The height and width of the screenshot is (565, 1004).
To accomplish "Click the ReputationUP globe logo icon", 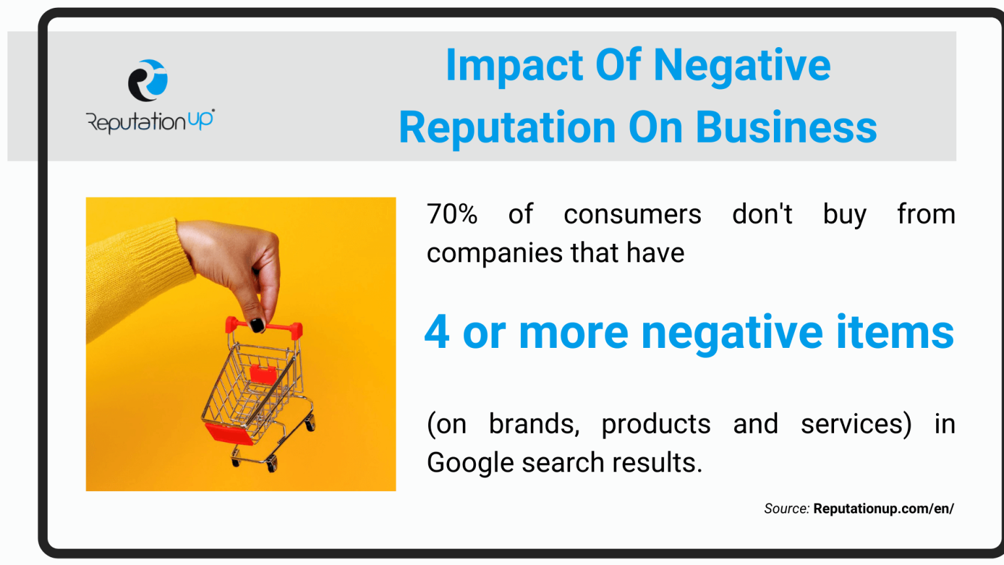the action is [x=148, y=80].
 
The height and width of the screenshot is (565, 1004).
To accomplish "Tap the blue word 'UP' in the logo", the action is [x=200, y=120].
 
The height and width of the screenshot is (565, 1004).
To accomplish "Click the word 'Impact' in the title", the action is [x=514, y=66].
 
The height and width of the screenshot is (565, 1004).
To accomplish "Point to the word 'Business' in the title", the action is [x=786, y=128].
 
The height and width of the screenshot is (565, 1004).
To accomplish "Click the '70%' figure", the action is [x=452, y=214].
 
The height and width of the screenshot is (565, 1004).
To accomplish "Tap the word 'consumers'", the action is [x=633, y=214].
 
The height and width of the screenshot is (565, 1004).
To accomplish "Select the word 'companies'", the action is [x=494, y=253].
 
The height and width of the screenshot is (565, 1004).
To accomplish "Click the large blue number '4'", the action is [x=437, y=332].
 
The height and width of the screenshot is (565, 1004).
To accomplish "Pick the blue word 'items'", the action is [x=895, y=332].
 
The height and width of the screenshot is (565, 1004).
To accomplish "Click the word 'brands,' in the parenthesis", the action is [x=534, y=424].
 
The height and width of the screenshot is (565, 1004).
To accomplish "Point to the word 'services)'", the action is [x=856, y=424].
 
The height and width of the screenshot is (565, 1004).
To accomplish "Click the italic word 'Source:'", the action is [x=786, y=509].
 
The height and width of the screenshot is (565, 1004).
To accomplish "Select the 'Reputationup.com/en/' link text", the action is [x=884, y=509].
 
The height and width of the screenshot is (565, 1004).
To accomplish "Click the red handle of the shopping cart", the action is [x=264, y=328].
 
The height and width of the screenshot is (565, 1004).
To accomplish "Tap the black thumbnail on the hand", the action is [x=257, y=325].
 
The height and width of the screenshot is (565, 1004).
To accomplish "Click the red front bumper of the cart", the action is [x=229, y=434].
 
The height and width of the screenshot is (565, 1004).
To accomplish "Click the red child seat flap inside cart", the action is [x=263, y=373].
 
